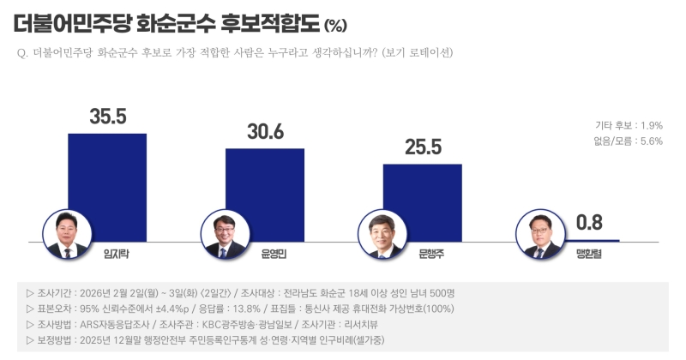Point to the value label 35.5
(x=108, y=117)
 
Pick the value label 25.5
(x=422, y=147)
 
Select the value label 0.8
(x=590, y=223)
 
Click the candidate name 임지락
(x=115, y=255)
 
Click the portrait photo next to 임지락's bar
(x=66, y=234)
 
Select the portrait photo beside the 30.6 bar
(x=223, y=234)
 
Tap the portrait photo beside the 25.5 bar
(x=380, y=234)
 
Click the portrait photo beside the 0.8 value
(x=538, y=234)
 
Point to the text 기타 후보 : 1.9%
(x=629, y=125)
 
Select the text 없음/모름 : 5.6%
(x=629, y=141)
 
